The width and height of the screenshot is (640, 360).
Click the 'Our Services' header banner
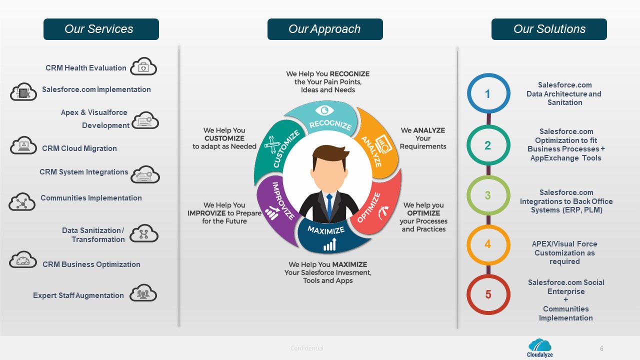click(x=101, y=29)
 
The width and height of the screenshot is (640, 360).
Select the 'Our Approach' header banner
click(x=325, y=29)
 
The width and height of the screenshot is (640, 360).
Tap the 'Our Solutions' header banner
click(x=549, y=29)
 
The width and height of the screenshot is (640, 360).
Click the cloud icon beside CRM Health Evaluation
click(x=143, y=67)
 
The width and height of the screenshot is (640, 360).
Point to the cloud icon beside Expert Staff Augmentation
click(x=143, y=293)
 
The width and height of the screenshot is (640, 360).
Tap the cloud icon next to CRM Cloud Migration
click(x=23, y=146)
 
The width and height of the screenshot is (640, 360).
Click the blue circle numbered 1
click(x=488, y=93)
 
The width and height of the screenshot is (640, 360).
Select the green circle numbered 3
click(x=488, y=195)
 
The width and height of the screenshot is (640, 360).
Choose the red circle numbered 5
click(x=488, y=294)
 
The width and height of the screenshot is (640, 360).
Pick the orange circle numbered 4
click(x=488, y=244)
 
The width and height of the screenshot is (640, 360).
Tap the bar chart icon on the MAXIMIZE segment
click(x=329, y=244)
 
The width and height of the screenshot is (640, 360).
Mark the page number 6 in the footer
click(x=601, y=348)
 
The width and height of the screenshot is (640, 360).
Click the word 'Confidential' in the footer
click(x=307, y=348)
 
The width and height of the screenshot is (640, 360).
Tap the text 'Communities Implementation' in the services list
click(x=91, y=198)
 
